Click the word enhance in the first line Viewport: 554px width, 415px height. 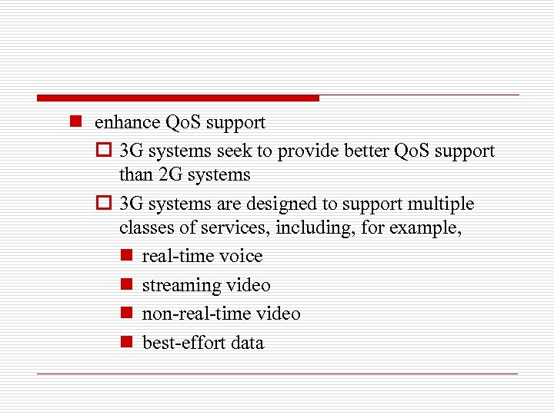pyautogui.click(x=127, y=122)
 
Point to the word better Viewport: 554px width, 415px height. pyautogui.click(x=361, y=151)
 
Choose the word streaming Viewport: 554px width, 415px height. pyautogui.click(x=182, y=285)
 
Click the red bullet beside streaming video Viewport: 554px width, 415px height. pyautogui.click(x=128, y=285)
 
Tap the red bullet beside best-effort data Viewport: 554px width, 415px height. pyautogui.click(x=128, y=343)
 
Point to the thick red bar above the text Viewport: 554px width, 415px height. pyautogui.click(x=178, y=98)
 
